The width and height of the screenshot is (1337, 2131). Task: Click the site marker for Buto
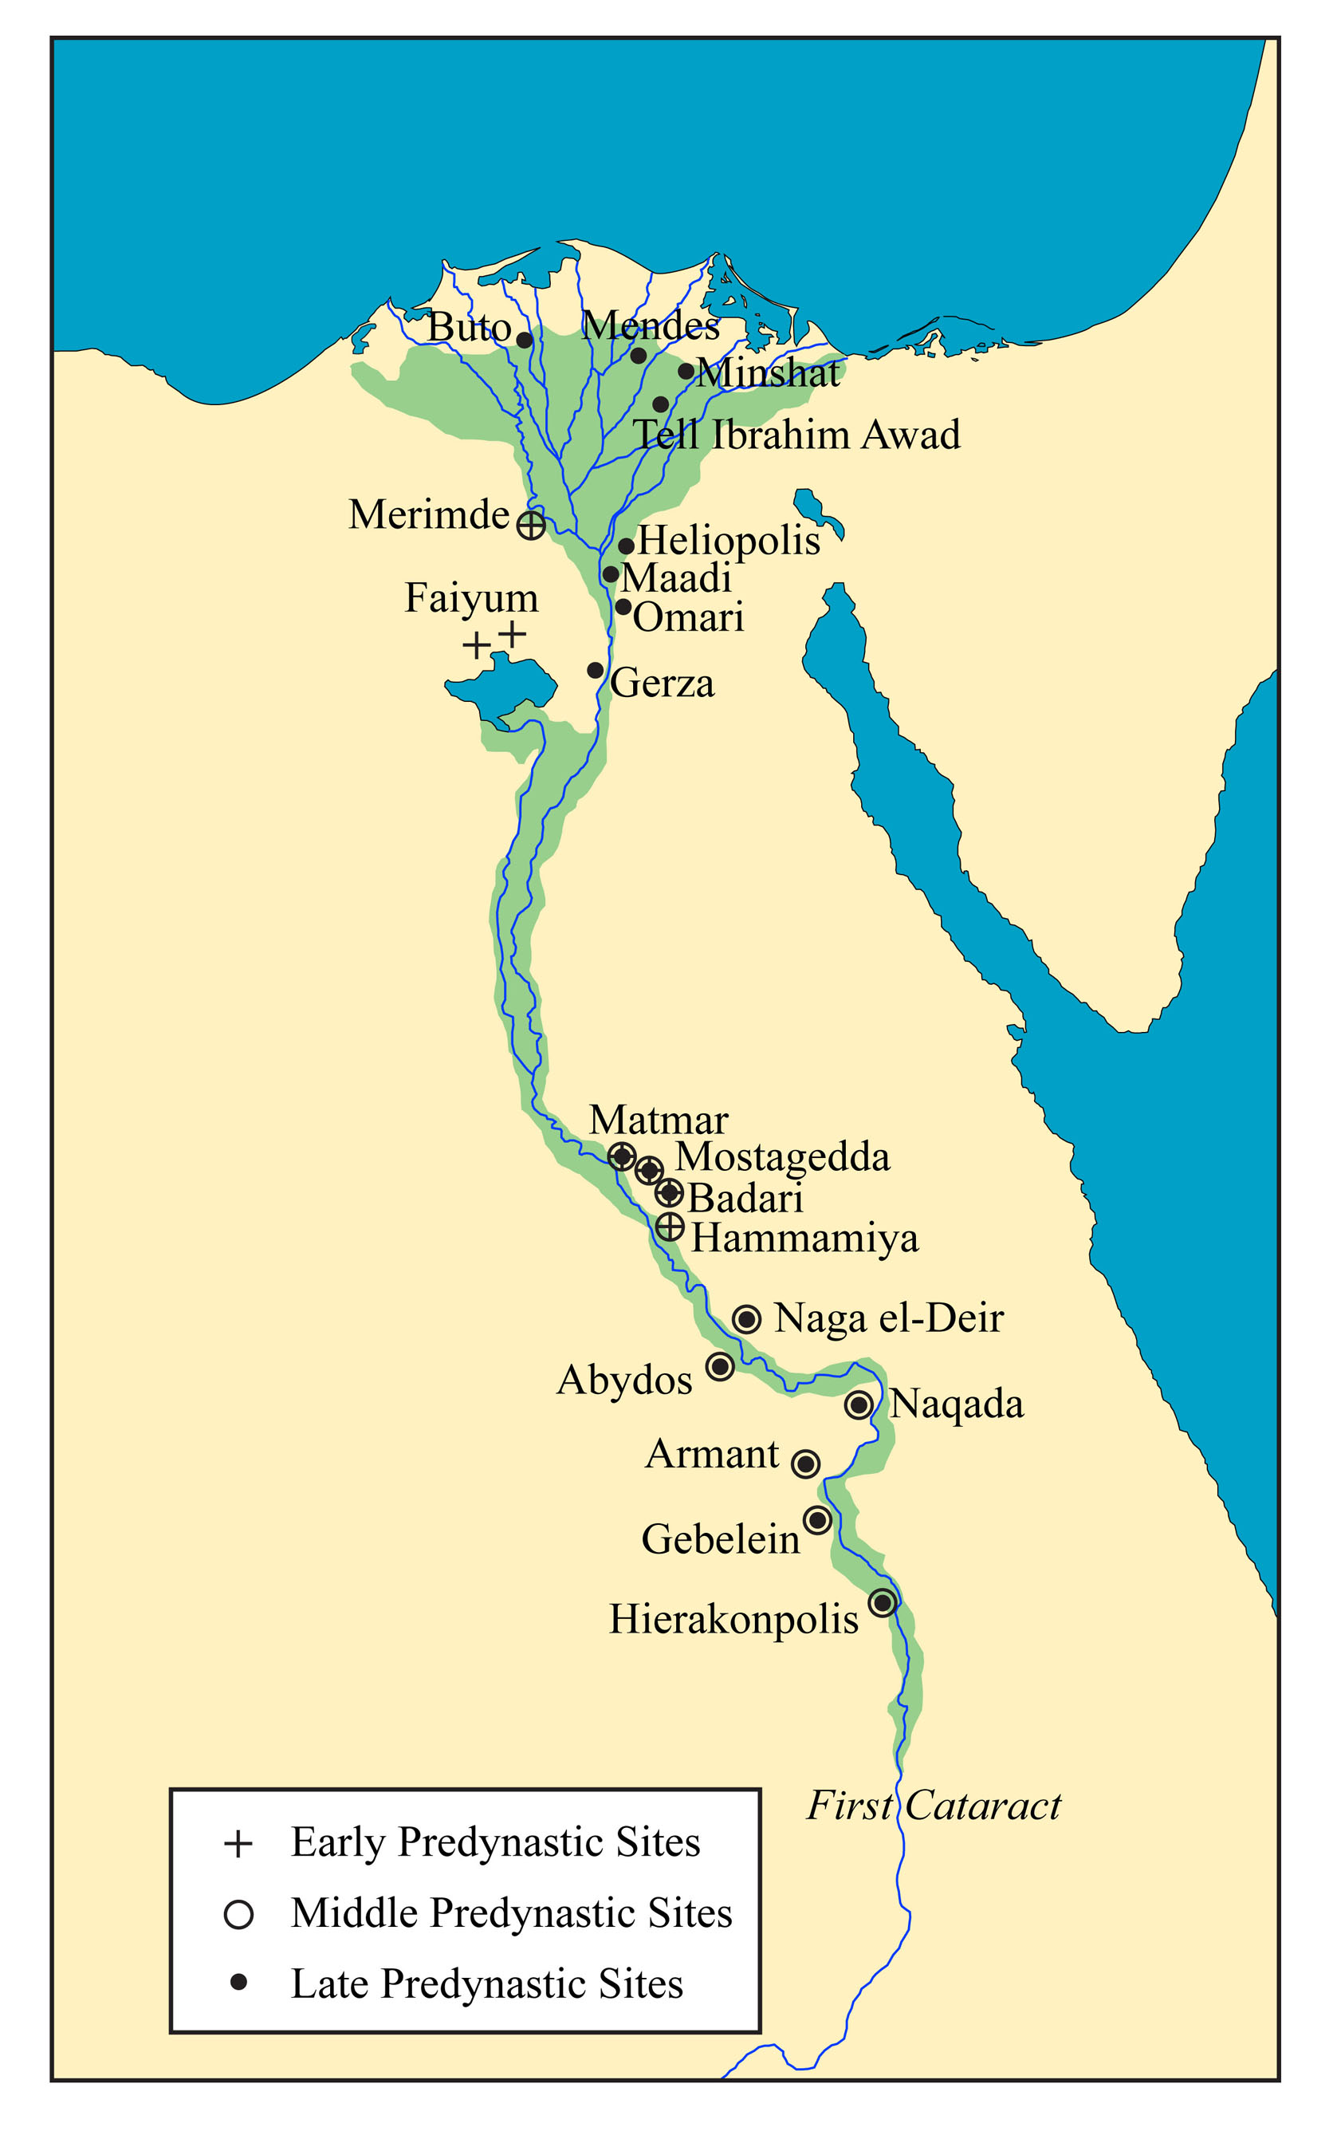tap(525, 340)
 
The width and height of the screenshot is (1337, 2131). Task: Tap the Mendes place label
tap(650, 325)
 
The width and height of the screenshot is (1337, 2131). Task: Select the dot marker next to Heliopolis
tap(625, 546)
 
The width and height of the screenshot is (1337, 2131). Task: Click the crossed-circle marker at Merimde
tap(530, 526)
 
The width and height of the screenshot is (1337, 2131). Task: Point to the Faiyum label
tap(471, 597)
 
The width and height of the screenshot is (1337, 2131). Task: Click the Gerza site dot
tap(595, 671)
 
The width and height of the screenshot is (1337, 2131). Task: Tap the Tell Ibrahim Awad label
tap(796, 435)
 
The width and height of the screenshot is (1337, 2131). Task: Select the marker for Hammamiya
tap(670, 1227)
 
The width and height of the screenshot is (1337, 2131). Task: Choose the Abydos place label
tap(624, 1379)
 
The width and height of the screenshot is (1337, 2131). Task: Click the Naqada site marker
tap(858, 1404)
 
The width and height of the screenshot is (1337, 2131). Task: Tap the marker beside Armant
tap(804, 1463)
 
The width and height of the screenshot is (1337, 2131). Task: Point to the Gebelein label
tap(720, 1539)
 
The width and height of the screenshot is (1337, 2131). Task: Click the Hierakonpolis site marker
tap(882, 1602)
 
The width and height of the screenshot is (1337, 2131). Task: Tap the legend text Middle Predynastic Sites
tap(511, 1912)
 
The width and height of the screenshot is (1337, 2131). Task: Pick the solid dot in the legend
tap(238, 1983)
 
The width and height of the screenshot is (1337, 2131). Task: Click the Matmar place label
tap(658, 1120)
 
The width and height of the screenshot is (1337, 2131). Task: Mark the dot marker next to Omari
tap(623, 607)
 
